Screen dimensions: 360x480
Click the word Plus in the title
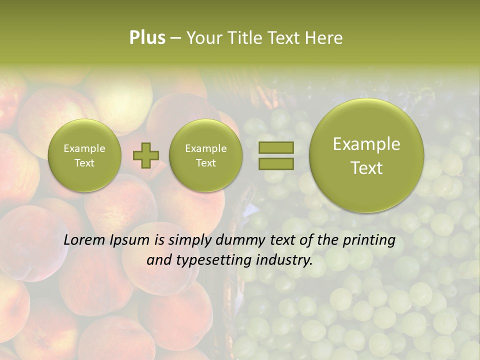click(x=147, y=38)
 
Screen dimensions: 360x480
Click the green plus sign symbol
click(x=145, y=155)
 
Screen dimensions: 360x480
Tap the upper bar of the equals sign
click(x=275, y=147)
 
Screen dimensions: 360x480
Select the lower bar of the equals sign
click(x=275, y=163)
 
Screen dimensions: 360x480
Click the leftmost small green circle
click(x=84, y=155)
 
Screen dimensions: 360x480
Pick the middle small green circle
click(x=205, y=155)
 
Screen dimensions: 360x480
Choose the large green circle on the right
click(x=366, y=155)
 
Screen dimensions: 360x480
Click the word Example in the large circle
click(x=366, y=144)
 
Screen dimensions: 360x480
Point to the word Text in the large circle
click(x=366, y=168)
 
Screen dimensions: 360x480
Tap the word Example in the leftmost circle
click(x=84, y=148)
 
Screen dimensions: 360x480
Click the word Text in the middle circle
click(x=205, y=163)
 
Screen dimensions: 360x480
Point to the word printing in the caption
click(x=368, y=240)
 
